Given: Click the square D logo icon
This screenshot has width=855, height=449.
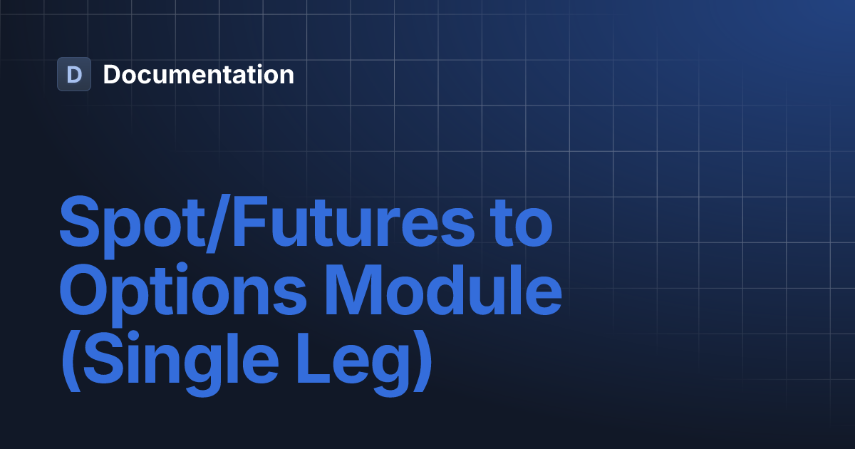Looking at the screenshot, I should [x=74, y=74].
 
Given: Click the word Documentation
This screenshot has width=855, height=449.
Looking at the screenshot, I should [x=198, y=74].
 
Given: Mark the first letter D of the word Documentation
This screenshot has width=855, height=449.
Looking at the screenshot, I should [x=111, y=74].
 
